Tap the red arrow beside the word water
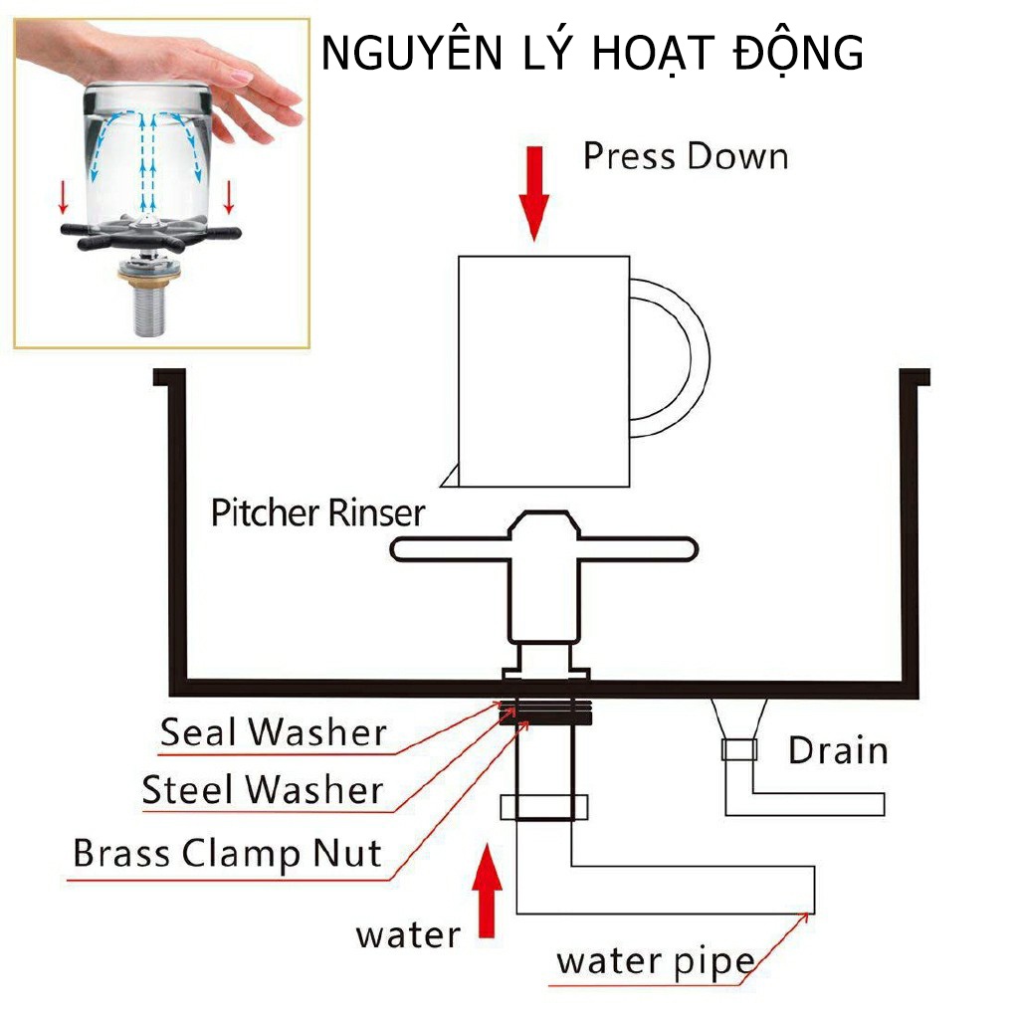[x=487, y=891]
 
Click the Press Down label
[x=685, y=157]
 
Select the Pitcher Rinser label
[x=317, y=514]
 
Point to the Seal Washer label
[x=273, y=733]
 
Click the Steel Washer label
[x=262, y=791]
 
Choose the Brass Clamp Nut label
[x=227, y=854]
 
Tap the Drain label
[x=838, y=750]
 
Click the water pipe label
[x=654, y=962]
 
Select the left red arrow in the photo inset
[x=65, y=198]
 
